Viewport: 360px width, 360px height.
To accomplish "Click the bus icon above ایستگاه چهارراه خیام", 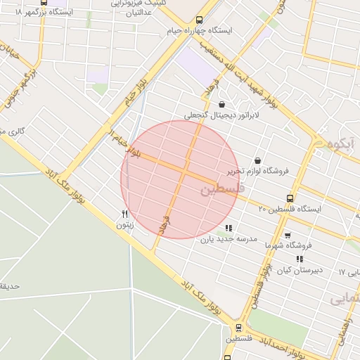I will (200, 20).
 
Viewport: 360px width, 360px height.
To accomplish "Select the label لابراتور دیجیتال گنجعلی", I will (221, 115).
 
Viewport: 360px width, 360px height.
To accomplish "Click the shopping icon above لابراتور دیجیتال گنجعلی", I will (221, 104).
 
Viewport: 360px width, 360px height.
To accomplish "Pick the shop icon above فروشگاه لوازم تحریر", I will (257, 160).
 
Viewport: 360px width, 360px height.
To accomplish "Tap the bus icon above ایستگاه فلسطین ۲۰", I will (290, 198).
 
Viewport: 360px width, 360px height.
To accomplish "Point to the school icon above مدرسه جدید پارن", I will (229, 228).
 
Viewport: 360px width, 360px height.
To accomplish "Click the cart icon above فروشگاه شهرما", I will (287, 236).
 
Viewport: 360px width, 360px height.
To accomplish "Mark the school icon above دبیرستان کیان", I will (300, 259).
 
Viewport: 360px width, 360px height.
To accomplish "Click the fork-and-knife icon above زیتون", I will (124, 214).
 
